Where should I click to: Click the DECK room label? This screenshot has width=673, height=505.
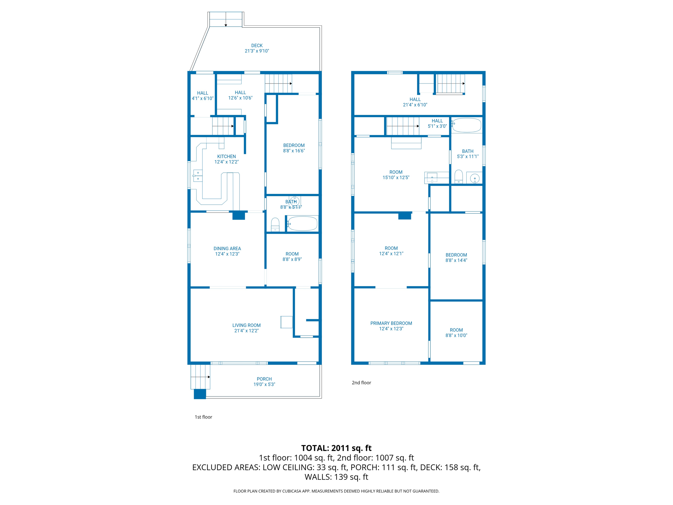257,46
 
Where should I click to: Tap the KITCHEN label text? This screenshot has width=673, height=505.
226,156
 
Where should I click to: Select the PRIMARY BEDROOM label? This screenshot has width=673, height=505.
391,323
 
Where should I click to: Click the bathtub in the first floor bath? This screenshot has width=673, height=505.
303,224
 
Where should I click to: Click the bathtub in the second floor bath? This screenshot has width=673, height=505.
467,125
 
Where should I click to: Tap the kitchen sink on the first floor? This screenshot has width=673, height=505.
198,176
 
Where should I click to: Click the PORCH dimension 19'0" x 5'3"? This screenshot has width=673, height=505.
264,384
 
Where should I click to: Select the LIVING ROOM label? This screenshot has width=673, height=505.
246,325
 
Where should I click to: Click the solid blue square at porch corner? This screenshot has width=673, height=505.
200,394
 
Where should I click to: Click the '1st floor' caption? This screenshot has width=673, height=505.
203,417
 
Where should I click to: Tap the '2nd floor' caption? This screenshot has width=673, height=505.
361,383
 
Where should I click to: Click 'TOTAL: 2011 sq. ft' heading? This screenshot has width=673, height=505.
336,448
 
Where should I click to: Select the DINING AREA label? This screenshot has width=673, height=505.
227,249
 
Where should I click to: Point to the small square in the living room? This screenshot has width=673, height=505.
286,322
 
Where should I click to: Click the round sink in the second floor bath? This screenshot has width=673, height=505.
475,179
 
